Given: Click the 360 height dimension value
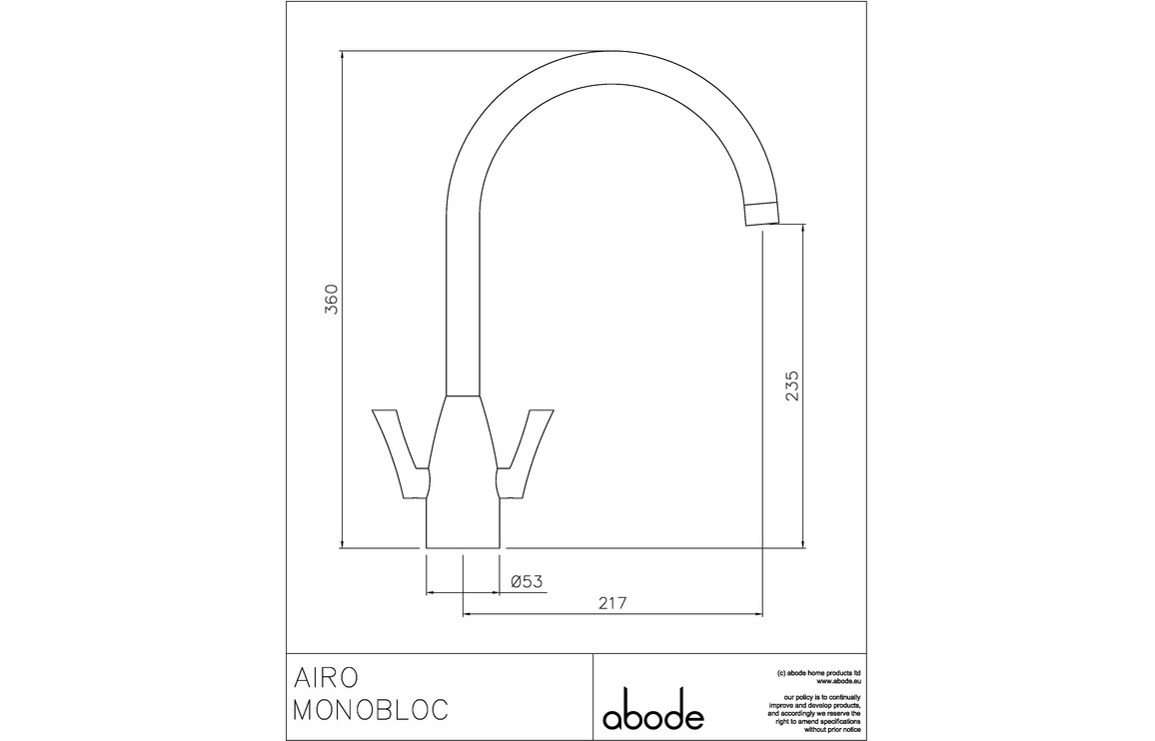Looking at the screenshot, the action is [333, 299].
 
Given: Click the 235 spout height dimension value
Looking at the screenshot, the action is [792, 385].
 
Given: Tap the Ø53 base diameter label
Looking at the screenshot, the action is [527, 581].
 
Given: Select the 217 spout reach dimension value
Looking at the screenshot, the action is [612, 602].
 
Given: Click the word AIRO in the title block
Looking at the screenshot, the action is [327, 675].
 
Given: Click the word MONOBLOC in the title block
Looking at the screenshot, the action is [372, 710].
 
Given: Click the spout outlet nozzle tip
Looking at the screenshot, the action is [761, 212].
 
